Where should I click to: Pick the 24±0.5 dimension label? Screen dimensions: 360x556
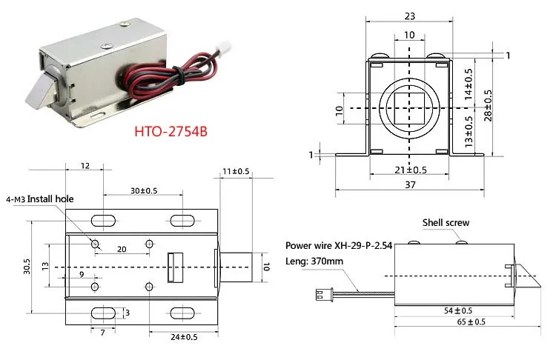182,337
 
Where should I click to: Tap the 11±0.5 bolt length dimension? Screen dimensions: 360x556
235,171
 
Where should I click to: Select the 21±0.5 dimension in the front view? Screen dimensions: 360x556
409,169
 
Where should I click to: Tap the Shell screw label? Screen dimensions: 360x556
446,222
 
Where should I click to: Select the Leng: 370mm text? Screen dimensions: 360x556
314,260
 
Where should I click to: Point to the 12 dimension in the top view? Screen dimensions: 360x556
85,165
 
